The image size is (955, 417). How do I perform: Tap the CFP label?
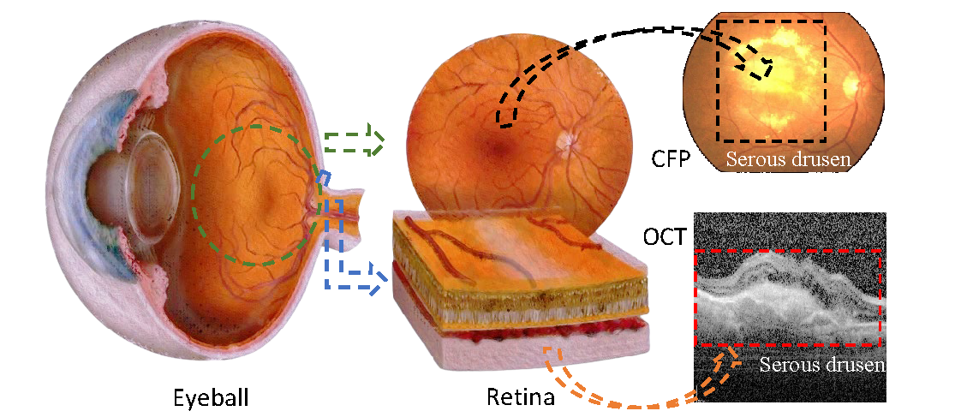(670, 159)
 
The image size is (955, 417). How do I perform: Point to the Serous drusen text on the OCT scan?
(821, 366)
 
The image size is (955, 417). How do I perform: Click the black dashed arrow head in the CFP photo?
(760, 67)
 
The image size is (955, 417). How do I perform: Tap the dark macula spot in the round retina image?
(495, 137)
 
